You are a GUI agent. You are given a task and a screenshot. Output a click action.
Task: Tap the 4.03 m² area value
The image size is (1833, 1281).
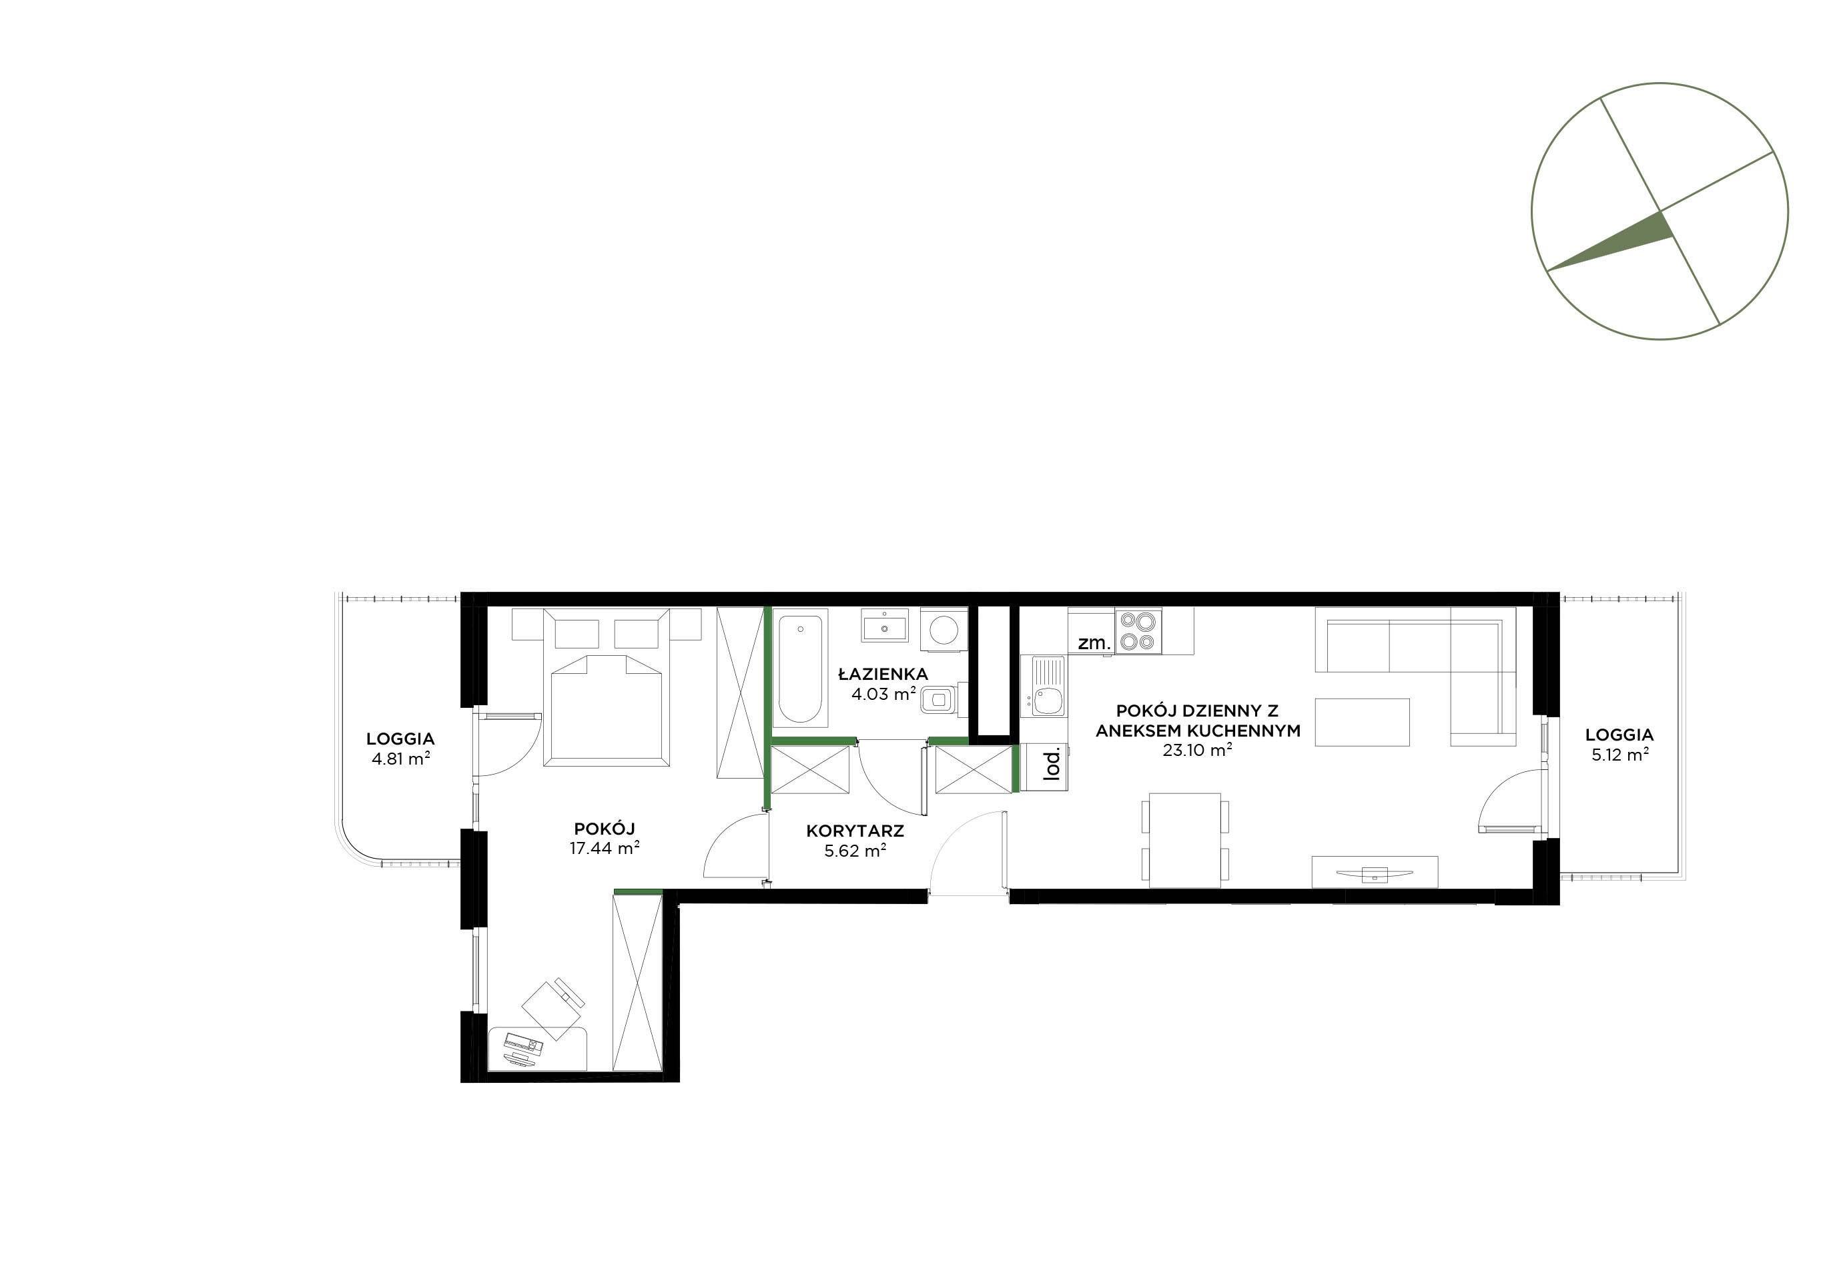(883, 695)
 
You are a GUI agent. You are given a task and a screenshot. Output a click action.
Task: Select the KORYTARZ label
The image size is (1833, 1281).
(855, 831)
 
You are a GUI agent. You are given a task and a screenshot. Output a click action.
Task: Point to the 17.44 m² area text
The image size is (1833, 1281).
(605, 849)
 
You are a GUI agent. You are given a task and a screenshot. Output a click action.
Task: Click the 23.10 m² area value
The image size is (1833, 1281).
(1198, 750)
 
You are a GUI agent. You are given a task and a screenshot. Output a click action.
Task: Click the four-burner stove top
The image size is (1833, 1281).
(1138, 630)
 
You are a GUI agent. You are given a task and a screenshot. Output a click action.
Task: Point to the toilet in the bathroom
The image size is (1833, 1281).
(940, 701)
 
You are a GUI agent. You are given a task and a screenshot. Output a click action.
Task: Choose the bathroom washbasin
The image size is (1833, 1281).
(885, 625)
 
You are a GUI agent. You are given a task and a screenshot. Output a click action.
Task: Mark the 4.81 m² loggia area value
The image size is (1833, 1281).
(401, 759)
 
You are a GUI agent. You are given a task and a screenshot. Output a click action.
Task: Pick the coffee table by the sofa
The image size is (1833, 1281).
(1361, 723)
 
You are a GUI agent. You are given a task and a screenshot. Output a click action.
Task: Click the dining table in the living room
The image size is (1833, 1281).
(1186, 841)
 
